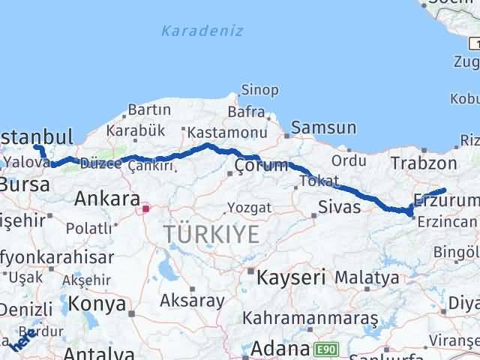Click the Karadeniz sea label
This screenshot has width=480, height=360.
point(190,31)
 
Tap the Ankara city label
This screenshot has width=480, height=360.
point(107,199)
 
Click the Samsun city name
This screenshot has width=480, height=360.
point(323,128)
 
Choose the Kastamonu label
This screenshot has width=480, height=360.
point(217,130)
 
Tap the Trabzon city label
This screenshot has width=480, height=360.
point(424,164)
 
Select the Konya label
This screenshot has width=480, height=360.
point(97,304)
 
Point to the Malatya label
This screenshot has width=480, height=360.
point(367,277)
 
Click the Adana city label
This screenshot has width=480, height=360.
point(280,349)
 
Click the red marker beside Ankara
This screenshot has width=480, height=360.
point(146,208)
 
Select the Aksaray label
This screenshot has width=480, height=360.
point(192,301)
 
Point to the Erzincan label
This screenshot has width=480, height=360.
point(448,221)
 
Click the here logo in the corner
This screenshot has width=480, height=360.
point(20,340)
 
